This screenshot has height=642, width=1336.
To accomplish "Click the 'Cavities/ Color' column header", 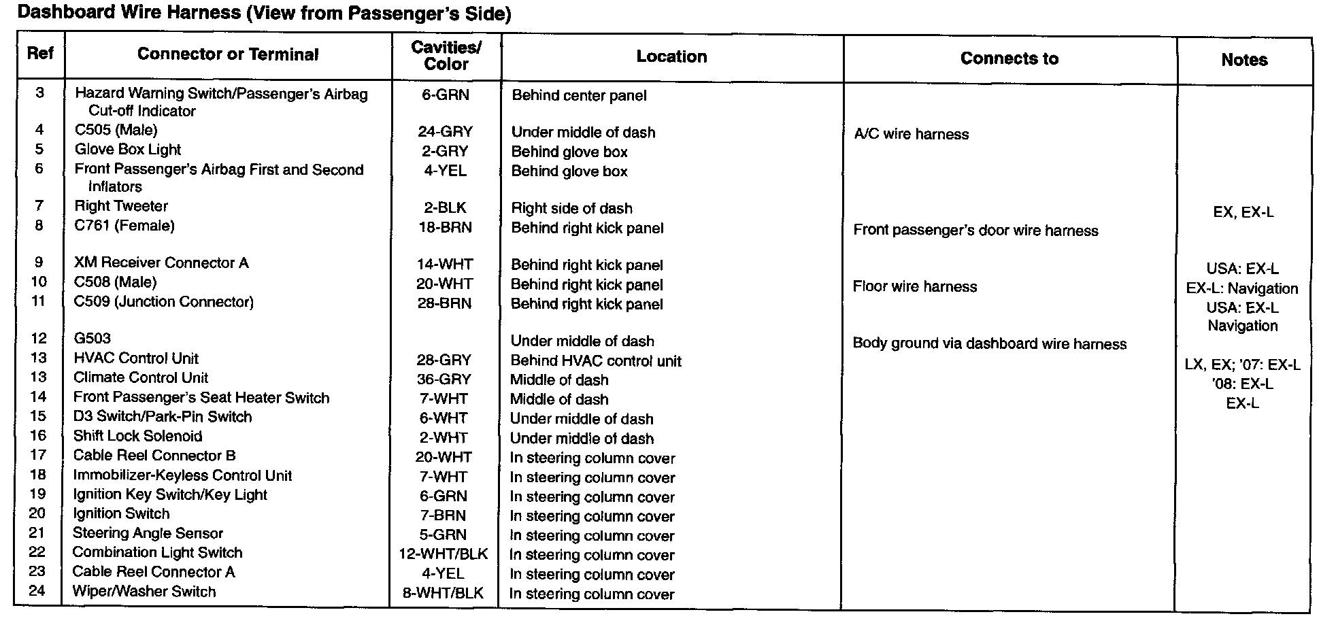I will tap(446, 56).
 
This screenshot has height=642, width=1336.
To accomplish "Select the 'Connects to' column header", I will tap(1009, 58).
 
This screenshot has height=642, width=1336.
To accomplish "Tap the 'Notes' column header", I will tap(1243, 60).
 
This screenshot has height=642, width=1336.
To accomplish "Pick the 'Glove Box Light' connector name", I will tap(128, 150).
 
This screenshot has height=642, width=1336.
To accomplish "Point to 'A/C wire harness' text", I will tap(911, 134).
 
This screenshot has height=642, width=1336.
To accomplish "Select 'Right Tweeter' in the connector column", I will tap(121, 206).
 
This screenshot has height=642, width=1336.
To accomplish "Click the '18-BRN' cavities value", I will tap(445, 227).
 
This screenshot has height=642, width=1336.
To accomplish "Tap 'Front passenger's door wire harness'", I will tap(975, 231).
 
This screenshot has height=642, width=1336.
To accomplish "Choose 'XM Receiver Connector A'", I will tap(161, 263).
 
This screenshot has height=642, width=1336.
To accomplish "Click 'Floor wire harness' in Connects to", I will tap(914, 286).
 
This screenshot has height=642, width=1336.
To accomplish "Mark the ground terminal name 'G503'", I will tap(92, 338).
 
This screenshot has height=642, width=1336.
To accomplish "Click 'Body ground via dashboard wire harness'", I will tap(989, 344).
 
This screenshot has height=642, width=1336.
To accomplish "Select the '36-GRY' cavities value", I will tap(444, 379).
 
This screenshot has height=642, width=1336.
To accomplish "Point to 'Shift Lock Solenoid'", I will tap(137, 436).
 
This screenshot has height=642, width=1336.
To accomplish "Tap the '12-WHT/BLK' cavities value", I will tap(443, 554).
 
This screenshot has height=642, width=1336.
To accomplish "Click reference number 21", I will tap(37, 533).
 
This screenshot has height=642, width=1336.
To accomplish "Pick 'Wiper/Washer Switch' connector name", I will tap(144, 592).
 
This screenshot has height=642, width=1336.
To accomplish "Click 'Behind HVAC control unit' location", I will tap(595, 361).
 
